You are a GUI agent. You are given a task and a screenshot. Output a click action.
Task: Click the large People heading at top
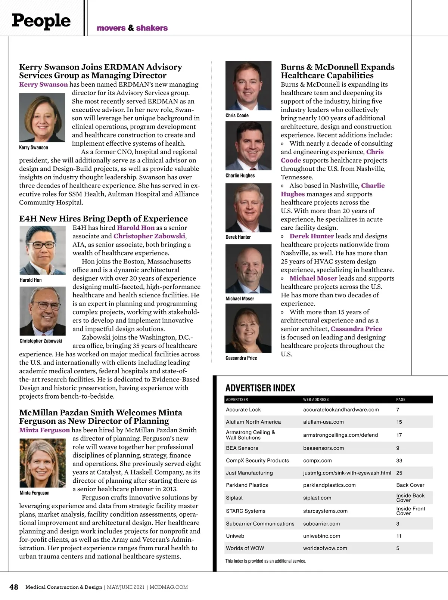click(41, 21)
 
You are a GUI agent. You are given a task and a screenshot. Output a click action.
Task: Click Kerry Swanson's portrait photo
click(42, 118)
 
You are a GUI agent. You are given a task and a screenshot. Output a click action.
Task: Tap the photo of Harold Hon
click(42, 250)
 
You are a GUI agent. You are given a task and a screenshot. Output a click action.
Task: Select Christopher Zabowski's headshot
click(42, 311)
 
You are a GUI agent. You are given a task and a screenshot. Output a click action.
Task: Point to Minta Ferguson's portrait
click(42, 463)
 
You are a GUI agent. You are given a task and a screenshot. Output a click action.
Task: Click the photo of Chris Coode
click(248, 86)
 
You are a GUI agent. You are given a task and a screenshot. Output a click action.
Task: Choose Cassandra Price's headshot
click(248, 328)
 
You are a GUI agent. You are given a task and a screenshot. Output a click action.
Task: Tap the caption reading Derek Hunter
click(238, 237)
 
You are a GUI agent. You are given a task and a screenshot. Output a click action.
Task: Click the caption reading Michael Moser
click(240, 299)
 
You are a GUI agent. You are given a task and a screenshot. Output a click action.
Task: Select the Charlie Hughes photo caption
click(240, 175)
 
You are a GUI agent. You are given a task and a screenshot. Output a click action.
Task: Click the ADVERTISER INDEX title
click(260, 388)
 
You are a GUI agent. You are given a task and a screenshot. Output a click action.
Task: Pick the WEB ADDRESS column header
click(316, 399)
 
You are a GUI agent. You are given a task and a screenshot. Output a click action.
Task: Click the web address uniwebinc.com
click(321, 536)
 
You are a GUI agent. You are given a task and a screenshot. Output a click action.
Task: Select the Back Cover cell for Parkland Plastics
click(410, 485)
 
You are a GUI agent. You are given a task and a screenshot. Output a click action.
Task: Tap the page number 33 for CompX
click(399, 460)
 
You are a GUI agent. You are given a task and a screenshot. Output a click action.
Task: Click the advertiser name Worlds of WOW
click(245, 548)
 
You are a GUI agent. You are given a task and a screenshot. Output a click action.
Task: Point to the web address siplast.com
click(317, 498)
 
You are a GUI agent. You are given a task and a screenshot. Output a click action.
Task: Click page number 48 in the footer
click(14, 587)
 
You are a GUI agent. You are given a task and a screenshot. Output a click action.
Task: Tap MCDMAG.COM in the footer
click(169, 587)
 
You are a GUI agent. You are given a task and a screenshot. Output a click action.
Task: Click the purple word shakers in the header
click(152, 28)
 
